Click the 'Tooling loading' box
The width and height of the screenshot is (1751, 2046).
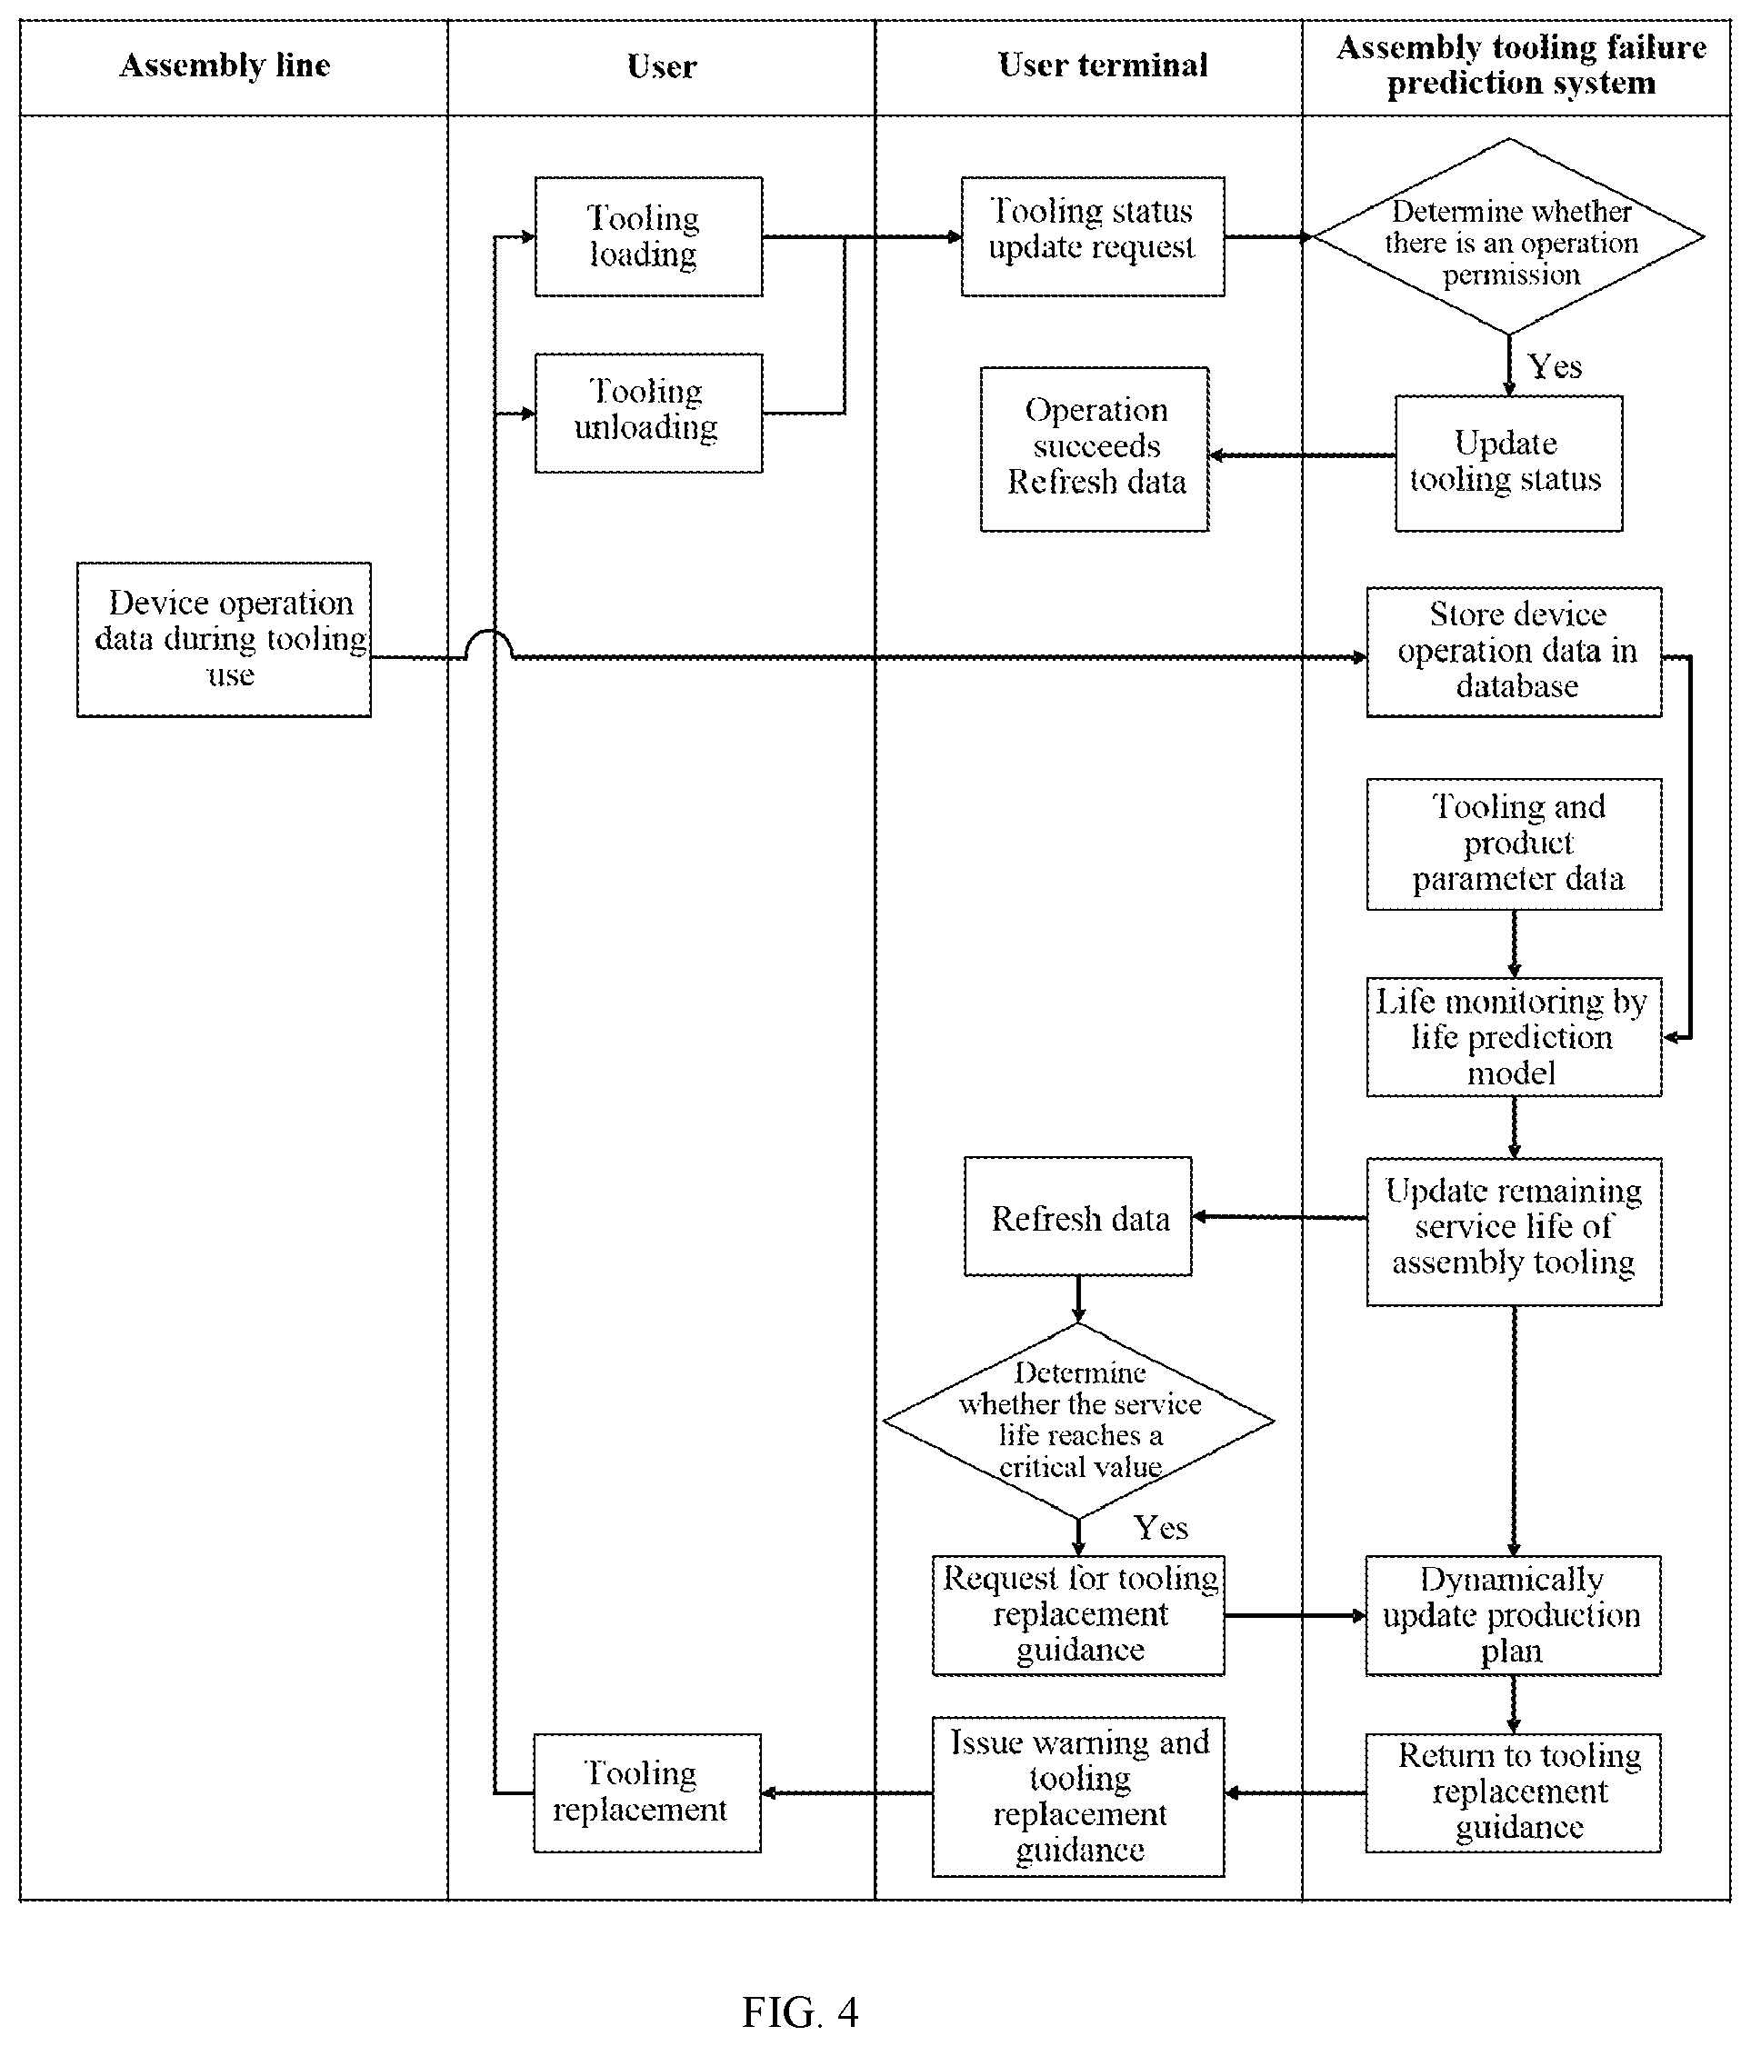(x=648, y=236)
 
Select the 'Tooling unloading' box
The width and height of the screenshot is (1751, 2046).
(x=648, y=413)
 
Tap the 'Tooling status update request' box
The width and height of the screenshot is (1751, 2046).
(x=1092, y=236)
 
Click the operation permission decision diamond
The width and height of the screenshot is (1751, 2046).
(x=1508, y=236)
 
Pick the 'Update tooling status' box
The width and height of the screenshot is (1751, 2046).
(x=1508, y=464)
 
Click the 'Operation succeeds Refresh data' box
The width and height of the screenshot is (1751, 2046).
(x=1095, y=449)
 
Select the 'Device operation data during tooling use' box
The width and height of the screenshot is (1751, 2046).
(x=225, y=639)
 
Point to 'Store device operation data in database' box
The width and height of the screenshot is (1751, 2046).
(x=1514, y=652)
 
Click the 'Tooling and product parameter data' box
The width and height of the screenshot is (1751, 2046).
(x=1514, y=843)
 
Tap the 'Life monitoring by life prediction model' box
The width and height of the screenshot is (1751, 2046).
(x=1514, y=1037)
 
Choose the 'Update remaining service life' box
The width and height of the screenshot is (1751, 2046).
(x=1514, y=1232)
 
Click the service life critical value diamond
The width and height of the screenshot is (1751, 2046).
(x=1078, y=1420)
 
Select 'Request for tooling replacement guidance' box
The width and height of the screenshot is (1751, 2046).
(x=1078, y=1615)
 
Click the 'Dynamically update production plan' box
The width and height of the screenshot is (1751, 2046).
(x=1513, y=1615)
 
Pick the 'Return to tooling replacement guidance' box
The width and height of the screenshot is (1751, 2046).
(x=1513, y=1792)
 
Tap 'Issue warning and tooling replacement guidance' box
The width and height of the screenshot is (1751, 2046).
(x=1078, y=1796)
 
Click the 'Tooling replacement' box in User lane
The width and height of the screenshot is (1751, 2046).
(x=647, y=1792)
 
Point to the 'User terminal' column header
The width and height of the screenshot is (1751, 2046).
(x=1102, y=65)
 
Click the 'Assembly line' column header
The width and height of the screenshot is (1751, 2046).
(x=225, y=65)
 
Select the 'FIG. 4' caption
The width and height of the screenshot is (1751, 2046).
(x=800, y=2011)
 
